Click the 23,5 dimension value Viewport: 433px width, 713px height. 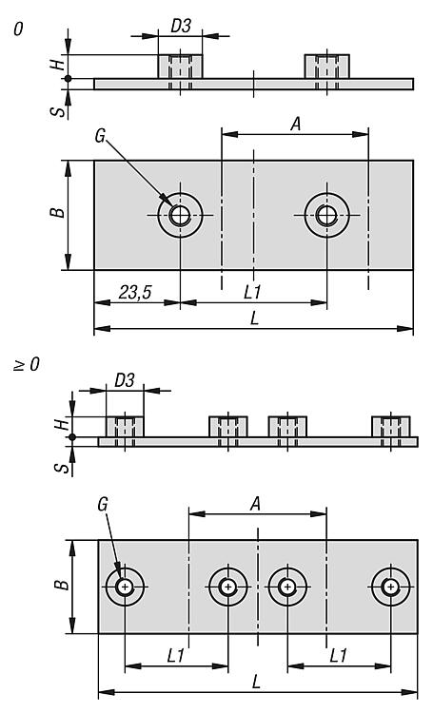coord(135,293)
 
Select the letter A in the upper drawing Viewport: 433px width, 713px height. coord(296,125)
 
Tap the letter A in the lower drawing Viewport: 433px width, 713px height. coord(256,504)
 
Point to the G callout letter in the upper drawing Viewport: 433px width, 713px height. coord(100,136)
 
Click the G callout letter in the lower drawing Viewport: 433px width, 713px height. coord(103,504)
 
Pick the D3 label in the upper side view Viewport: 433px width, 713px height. coord(181,27)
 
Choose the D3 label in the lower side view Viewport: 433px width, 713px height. coord(125,380)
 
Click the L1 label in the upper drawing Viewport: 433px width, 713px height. coord(252,293)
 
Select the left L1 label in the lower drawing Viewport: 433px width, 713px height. coord(176,656)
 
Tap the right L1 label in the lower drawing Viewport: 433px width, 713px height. coord(338,656)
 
